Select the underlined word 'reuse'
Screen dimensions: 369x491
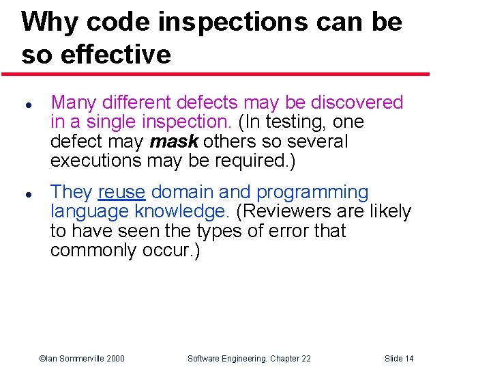(121, 193)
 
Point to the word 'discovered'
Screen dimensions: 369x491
(357, 102)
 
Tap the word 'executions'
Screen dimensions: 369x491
(95, 161)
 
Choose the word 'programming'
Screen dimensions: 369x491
(312, 193)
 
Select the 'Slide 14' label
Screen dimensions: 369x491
(399, 359)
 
